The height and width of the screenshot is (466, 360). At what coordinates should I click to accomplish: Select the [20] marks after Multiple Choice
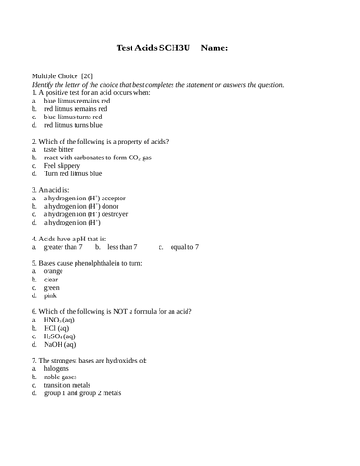[x=86, y=75]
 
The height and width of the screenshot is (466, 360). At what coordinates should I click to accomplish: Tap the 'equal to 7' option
[x=184, y=247]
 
